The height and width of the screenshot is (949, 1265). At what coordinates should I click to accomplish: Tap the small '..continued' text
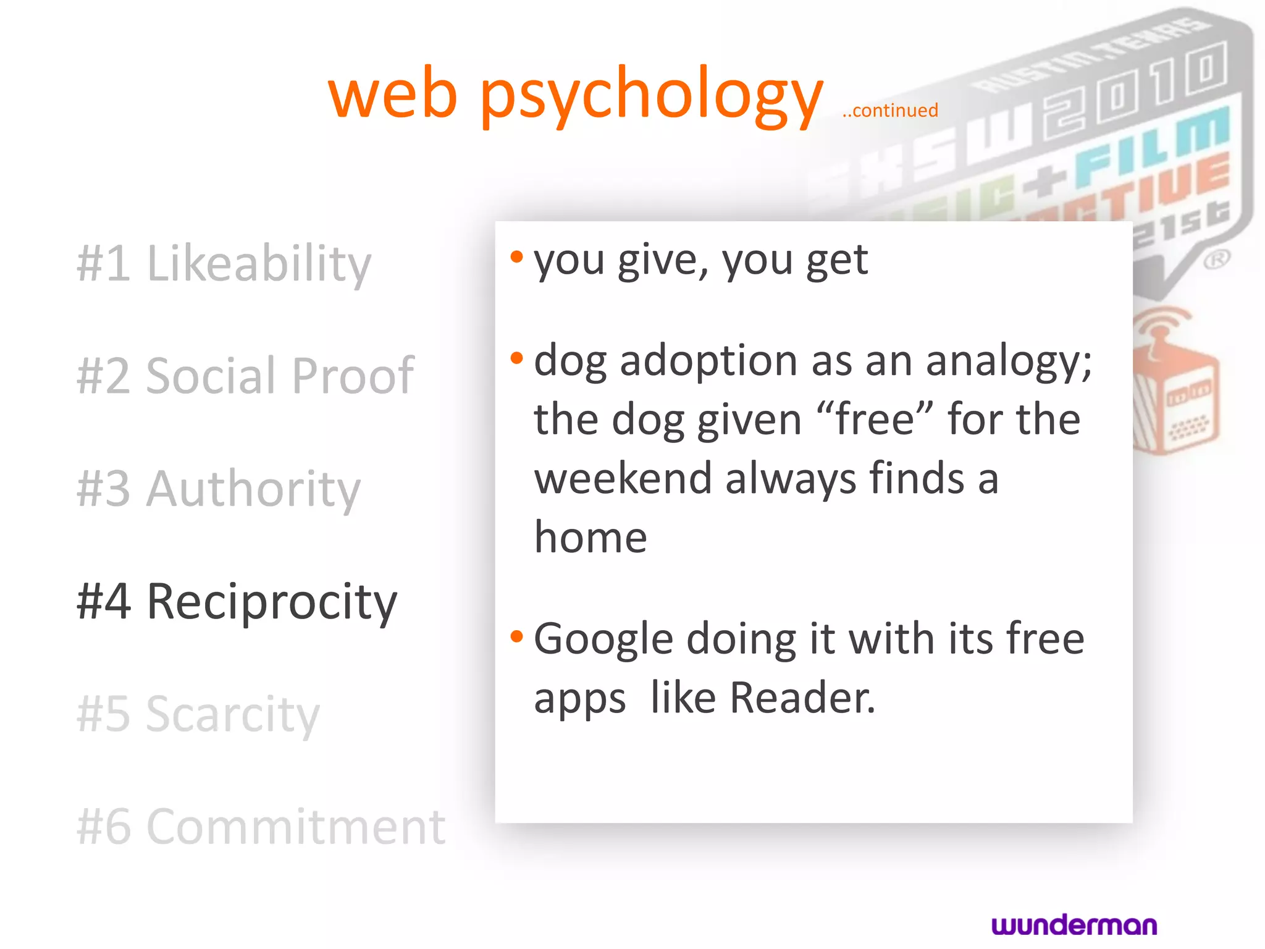pyautogui.click(x=890, y=111)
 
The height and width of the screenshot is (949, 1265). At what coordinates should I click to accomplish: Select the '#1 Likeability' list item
pyautogui.click(x=224, y=263)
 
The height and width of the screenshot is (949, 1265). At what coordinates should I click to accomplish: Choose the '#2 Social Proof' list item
pyautogui.click(x=245, y=376)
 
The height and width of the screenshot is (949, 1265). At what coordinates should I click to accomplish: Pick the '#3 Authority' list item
pyautogui.click(x=219, y=489)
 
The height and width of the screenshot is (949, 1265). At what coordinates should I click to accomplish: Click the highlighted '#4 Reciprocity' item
pyautogui.click(x=237, y=601)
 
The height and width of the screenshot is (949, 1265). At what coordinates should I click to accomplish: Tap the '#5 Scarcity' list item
pyautogui.click(x=198, y=714)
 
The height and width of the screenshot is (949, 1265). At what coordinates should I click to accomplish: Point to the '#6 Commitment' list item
pyautogui.click(x=261, y=827)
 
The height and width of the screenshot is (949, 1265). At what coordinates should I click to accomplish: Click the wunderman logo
pyautogui.click(x=1074, y=925)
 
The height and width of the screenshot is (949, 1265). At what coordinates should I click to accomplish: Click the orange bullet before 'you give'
pyautogui.click(x=517, y=256)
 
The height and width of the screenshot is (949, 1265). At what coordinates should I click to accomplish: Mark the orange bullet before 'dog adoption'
pyautogui.click(x=517, y=358)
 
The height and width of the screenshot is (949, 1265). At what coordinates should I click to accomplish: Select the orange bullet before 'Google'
pyautogui.click(x=517, y=636)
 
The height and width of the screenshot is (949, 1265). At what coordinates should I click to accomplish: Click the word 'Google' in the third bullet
pyautogui.click(x=603, y=639)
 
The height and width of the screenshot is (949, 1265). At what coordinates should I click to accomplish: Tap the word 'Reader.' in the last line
pyautogui.click(x=802, y=698)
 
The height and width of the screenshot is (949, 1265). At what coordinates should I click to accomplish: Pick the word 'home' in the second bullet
pyautogui.click(x=590, y=538)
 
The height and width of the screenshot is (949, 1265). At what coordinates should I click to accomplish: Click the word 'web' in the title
pyautogui.click(x=393, y=96)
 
